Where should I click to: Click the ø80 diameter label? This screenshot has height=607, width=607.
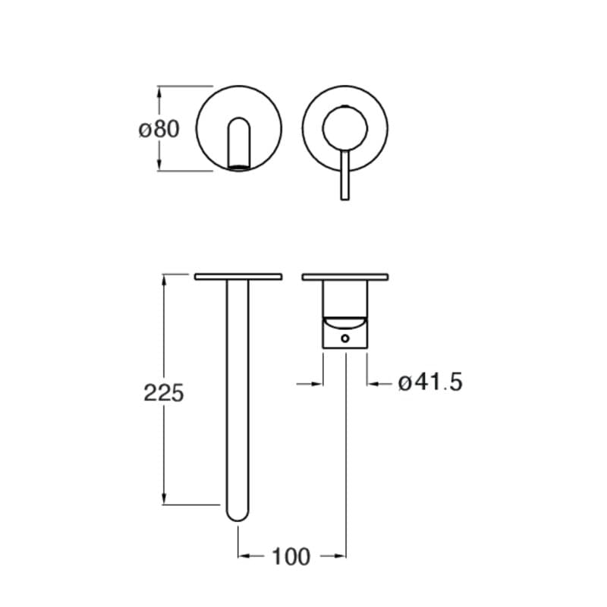tap(159, 129)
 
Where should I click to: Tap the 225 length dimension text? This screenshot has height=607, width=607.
tap(164, 392)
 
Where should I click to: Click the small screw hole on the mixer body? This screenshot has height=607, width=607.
tap(345, 338)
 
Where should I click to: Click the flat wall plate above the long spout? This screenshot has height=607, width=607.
tap(238, 277)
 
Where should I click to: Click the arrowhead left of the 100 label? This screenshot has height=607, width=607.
tap(244, 557)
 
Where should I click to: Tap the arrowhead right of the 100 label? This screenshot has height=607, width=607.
tap(341, 557)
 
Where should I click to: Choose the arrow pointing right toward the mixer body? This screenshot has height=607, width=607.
tap(318, 384)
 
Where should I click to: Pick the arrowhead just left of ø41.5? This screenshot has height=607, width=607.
tap(373, 384)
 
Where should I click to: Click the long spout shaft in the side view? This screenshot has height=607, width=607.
tap(238, 395)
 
